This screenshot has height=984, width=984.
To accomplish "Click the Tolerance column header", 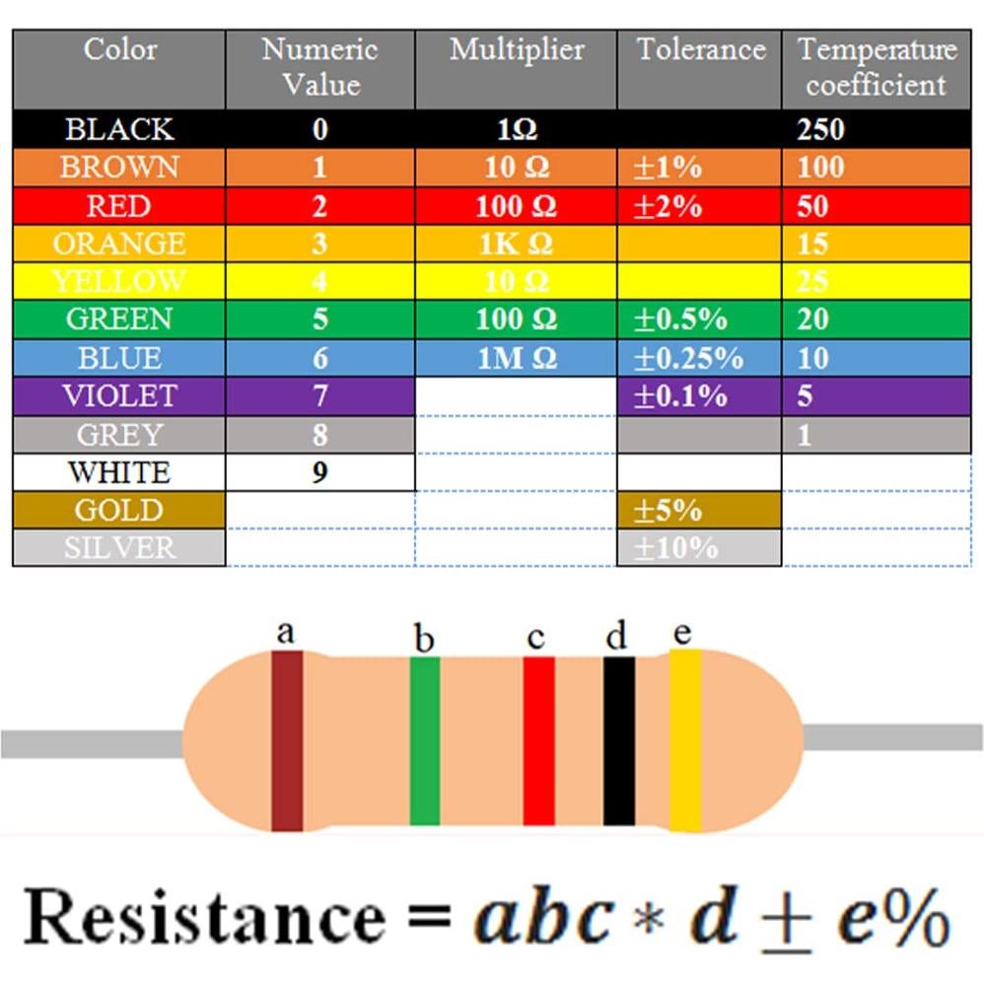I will [700, 50].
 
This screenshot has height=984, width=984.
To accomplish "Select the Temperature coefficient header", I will [877, 67].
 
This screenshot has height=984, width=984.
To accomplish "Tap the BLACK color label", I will [118, 129].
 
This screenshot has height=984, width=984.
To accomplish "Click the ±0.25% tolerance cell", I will [688, 358].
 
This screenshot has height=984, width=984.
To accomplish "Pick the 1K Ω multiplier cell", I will [515, 244].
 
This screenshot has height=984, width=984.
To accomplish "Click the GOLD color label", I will [118, 510].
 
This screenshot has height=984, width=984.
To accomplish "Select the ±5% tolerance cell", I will [668, 510].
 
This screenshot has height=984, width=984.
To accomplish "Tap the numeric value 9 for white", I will [319, 472].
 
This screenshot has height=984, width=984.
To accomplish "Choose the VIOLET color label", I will [118, 395].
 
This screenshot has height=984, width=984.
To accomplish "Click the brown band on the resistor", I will [287, 739].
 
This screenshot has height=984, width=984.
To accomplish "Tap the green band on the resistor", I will [425, 739].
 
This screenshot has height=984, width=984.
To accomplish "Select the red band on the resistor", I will [539, 739].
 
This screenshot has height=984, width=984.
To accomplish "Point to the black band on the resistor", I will [619, 739].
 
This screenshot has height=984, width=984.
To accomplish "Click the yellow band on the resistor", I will [685, 739].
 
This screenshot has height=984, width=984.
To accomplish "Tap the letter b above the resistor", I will [424, 640].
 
